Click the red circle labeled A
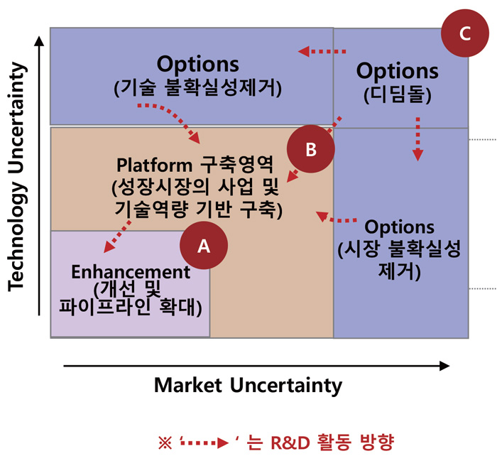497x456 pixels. click(x=204, y=245)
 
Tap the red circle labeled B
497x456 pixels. click(x=311, y=148)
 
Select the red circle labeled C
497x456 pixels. click(x=464, y=33)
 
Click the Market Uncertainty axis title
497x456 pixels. click(x=248, y=386)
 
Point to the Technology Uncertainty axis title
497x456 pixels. click(x=16, y=177)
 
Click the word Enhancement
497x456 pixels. click(x=131, y=272)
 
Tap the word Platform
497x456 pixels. click(x=154, y=165)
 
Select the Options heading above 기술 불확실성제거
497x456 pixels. click(x=198, y=65)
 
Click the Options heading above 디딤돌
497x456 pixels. click(x=398, y=71)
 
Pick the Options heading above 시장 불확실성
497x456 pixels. click(x=399, y=227)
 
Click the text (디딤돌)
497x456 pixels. click(x=398, y=94)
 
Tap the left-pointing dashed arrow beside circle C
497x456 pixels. click(x=322, y=51)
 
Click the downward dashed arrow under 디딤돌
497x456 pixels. click(x=417, y=139)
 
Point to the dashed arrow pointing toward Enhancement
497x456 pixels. click(x=117, y=237)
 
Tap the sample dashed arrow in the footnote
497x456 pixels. click(x=204, y=443)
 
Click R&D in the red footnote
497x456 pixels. click(x=290, y=443)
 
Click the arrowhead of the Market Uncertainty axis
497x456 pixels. click(x=445, y=366)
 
